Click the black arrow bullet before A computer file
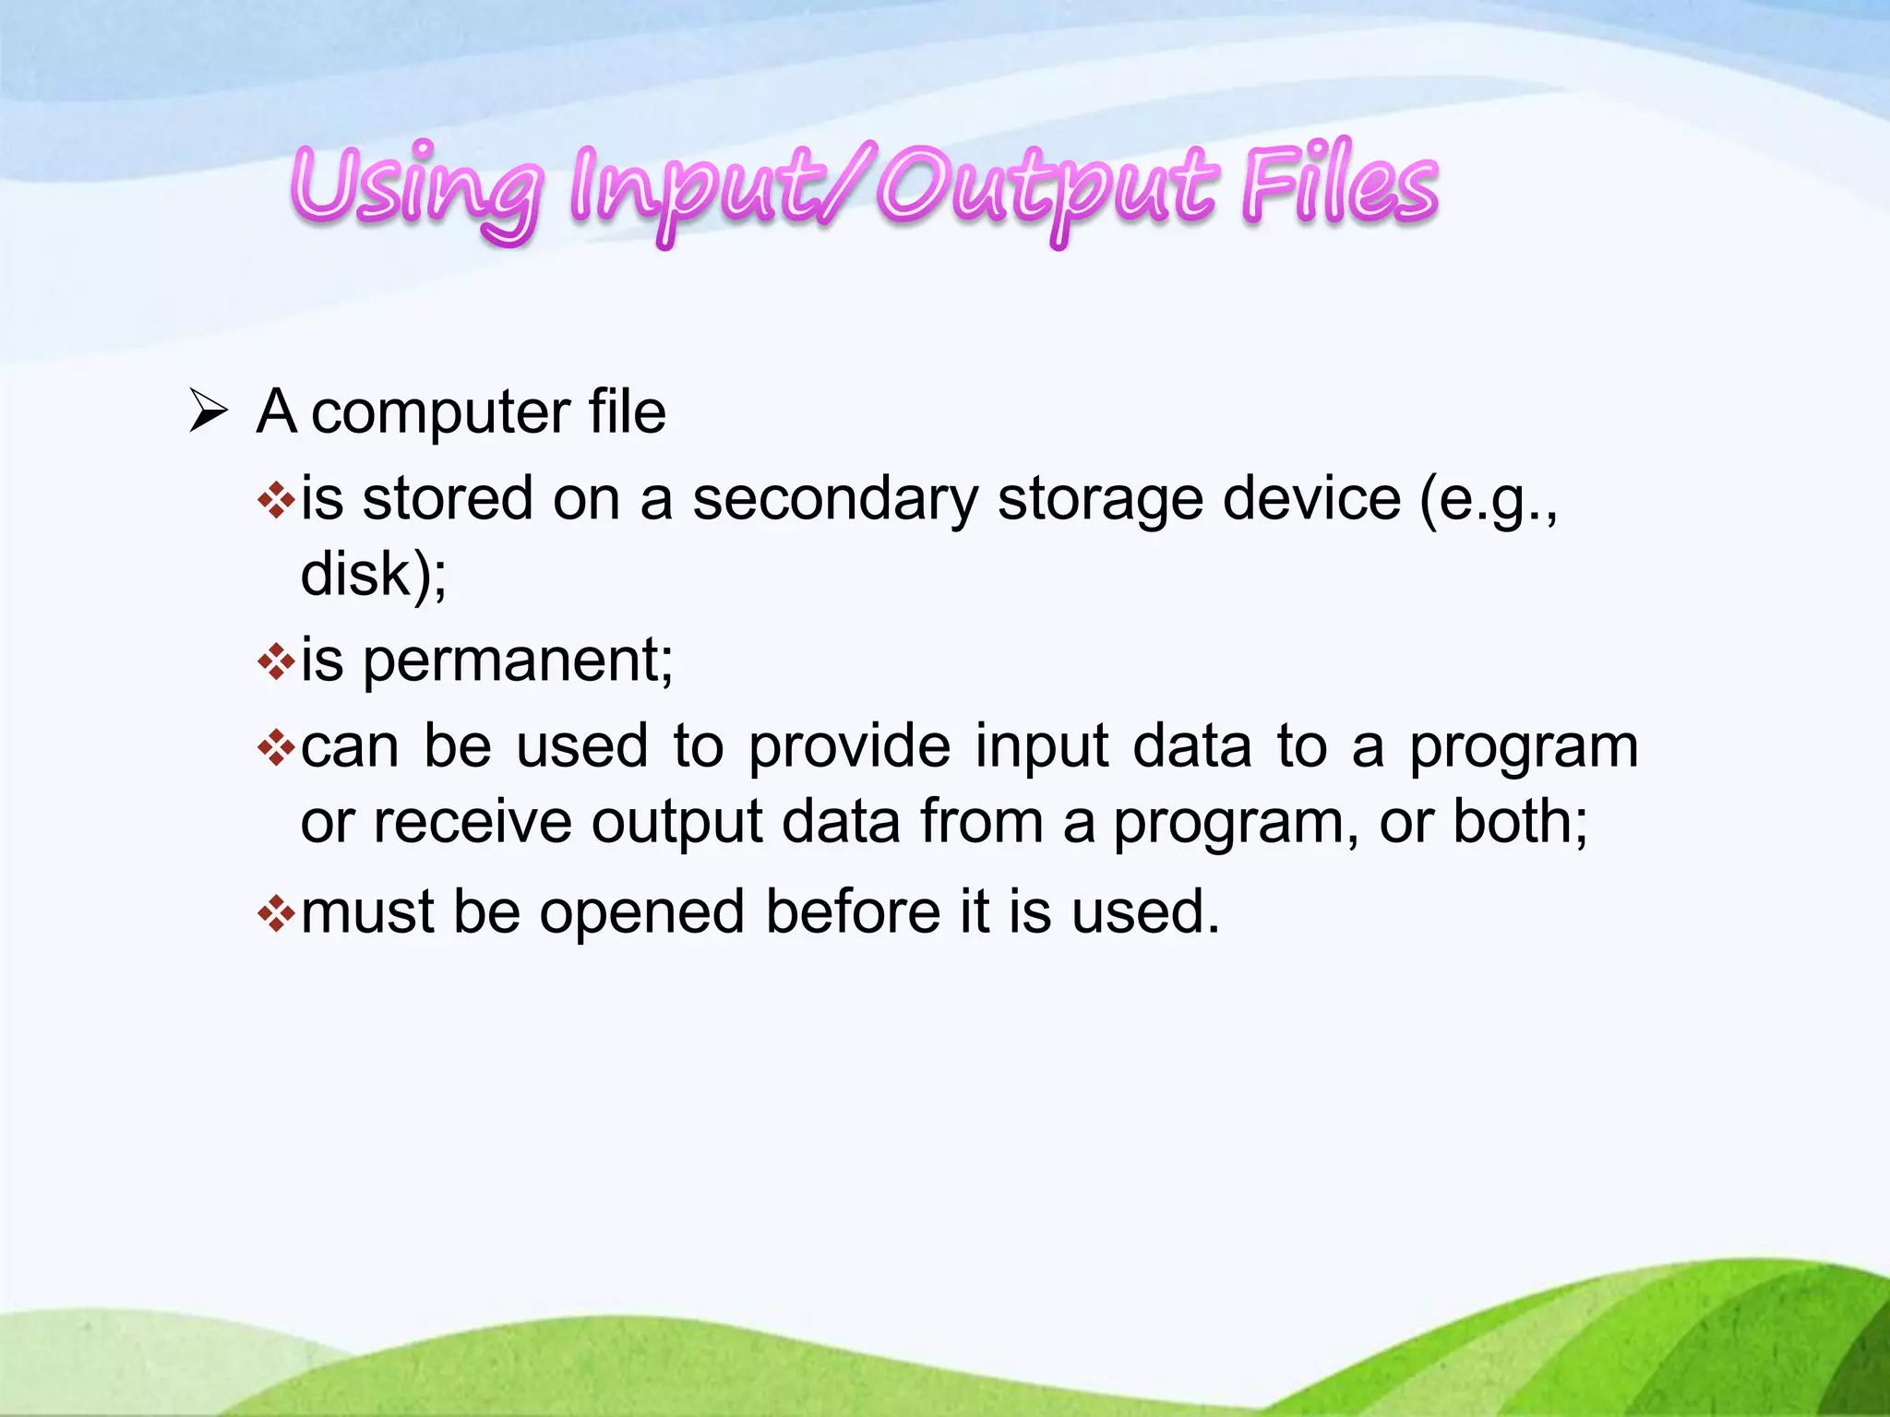click(209, 411)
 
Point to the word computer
click(440, 412)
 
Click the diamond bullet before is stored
click(276, 501)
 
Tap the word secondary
click(835, 499)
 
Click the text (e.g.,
click(1488, 499)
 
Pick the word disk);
click(374, 574)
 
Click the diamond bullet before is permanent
click(276, 661)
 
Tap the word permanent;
click(518, 662)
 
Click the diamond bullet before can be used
click(276, 748)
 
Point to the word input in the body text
click(1041, 746)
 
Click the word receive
click(472, 821)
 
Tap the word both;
click(1520, 821)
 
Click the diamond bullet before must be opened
click(276, 914)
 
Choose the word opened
click(641, 913)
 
